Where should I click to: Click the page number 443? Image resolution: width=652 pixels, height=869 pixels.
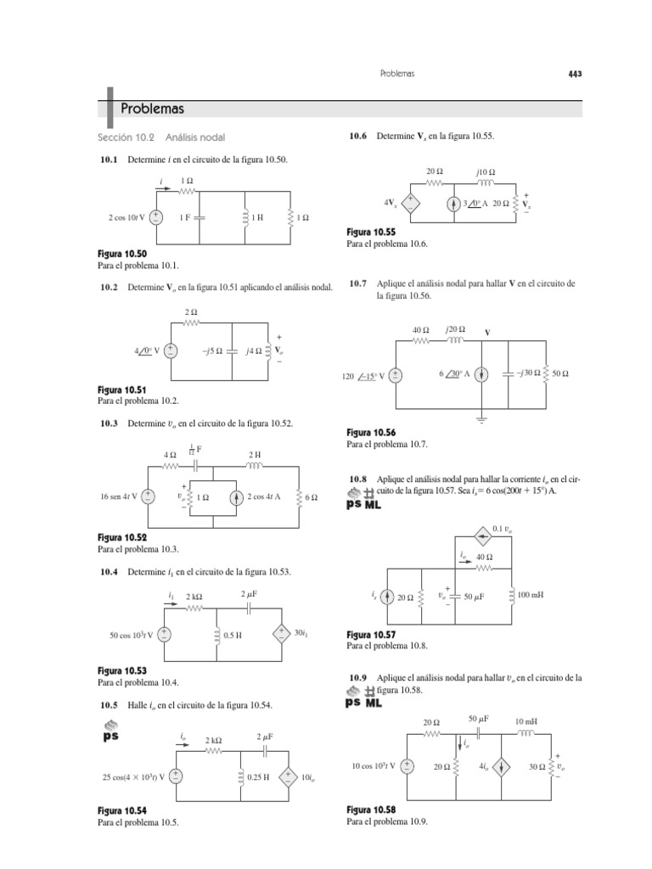[x=575, y=74]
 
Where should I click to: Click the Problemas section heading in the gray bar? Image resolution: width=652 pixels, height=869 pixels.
[x=152, y=109]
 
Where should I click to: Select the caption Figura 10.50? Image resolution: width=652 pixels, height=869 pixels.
[x=122, y=254]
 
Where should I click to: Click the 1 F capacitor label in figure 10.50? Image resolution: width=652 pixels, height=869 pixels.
[x=185, y=217]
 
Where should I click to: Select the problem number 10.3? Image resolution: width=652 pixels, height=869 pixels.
[x=110, y=423]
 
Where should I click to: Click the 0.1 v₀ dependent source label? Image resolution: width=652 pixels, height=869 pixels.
[x=503, y=530]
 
